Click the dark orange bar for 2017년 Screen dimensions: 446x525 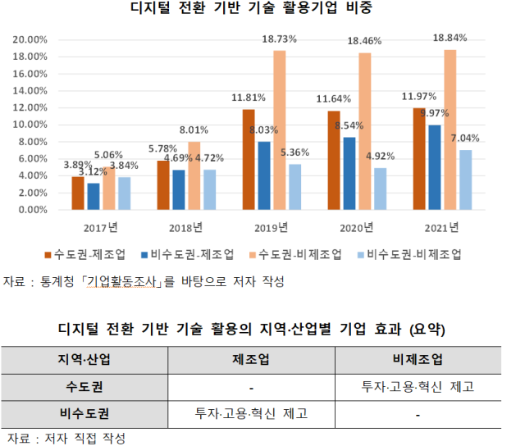(x=78, y=193)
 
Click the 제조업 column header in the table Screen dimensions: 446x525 (x=253, y=358)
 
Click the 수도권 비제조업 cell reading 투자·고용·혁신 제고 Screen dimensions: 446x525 (x=418, y=385)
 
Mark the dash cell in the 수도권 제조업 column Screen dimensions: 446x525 (x=253, y=385)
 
